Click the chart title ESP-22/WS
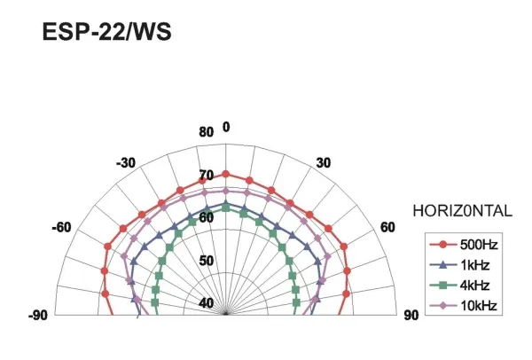point(107,32)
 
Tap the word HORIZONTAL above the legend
point(463,211)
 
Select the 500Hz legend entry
point(464,245)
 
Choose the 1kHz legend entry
point(459,264)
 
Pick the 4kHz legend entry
point(459,285)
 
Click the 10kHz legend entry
point(464,306)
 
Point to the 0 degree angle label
point(226,127)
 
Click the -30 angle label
point(126,163)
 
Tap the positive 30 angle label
point(324,163)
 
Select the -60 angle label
point(61,227)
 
